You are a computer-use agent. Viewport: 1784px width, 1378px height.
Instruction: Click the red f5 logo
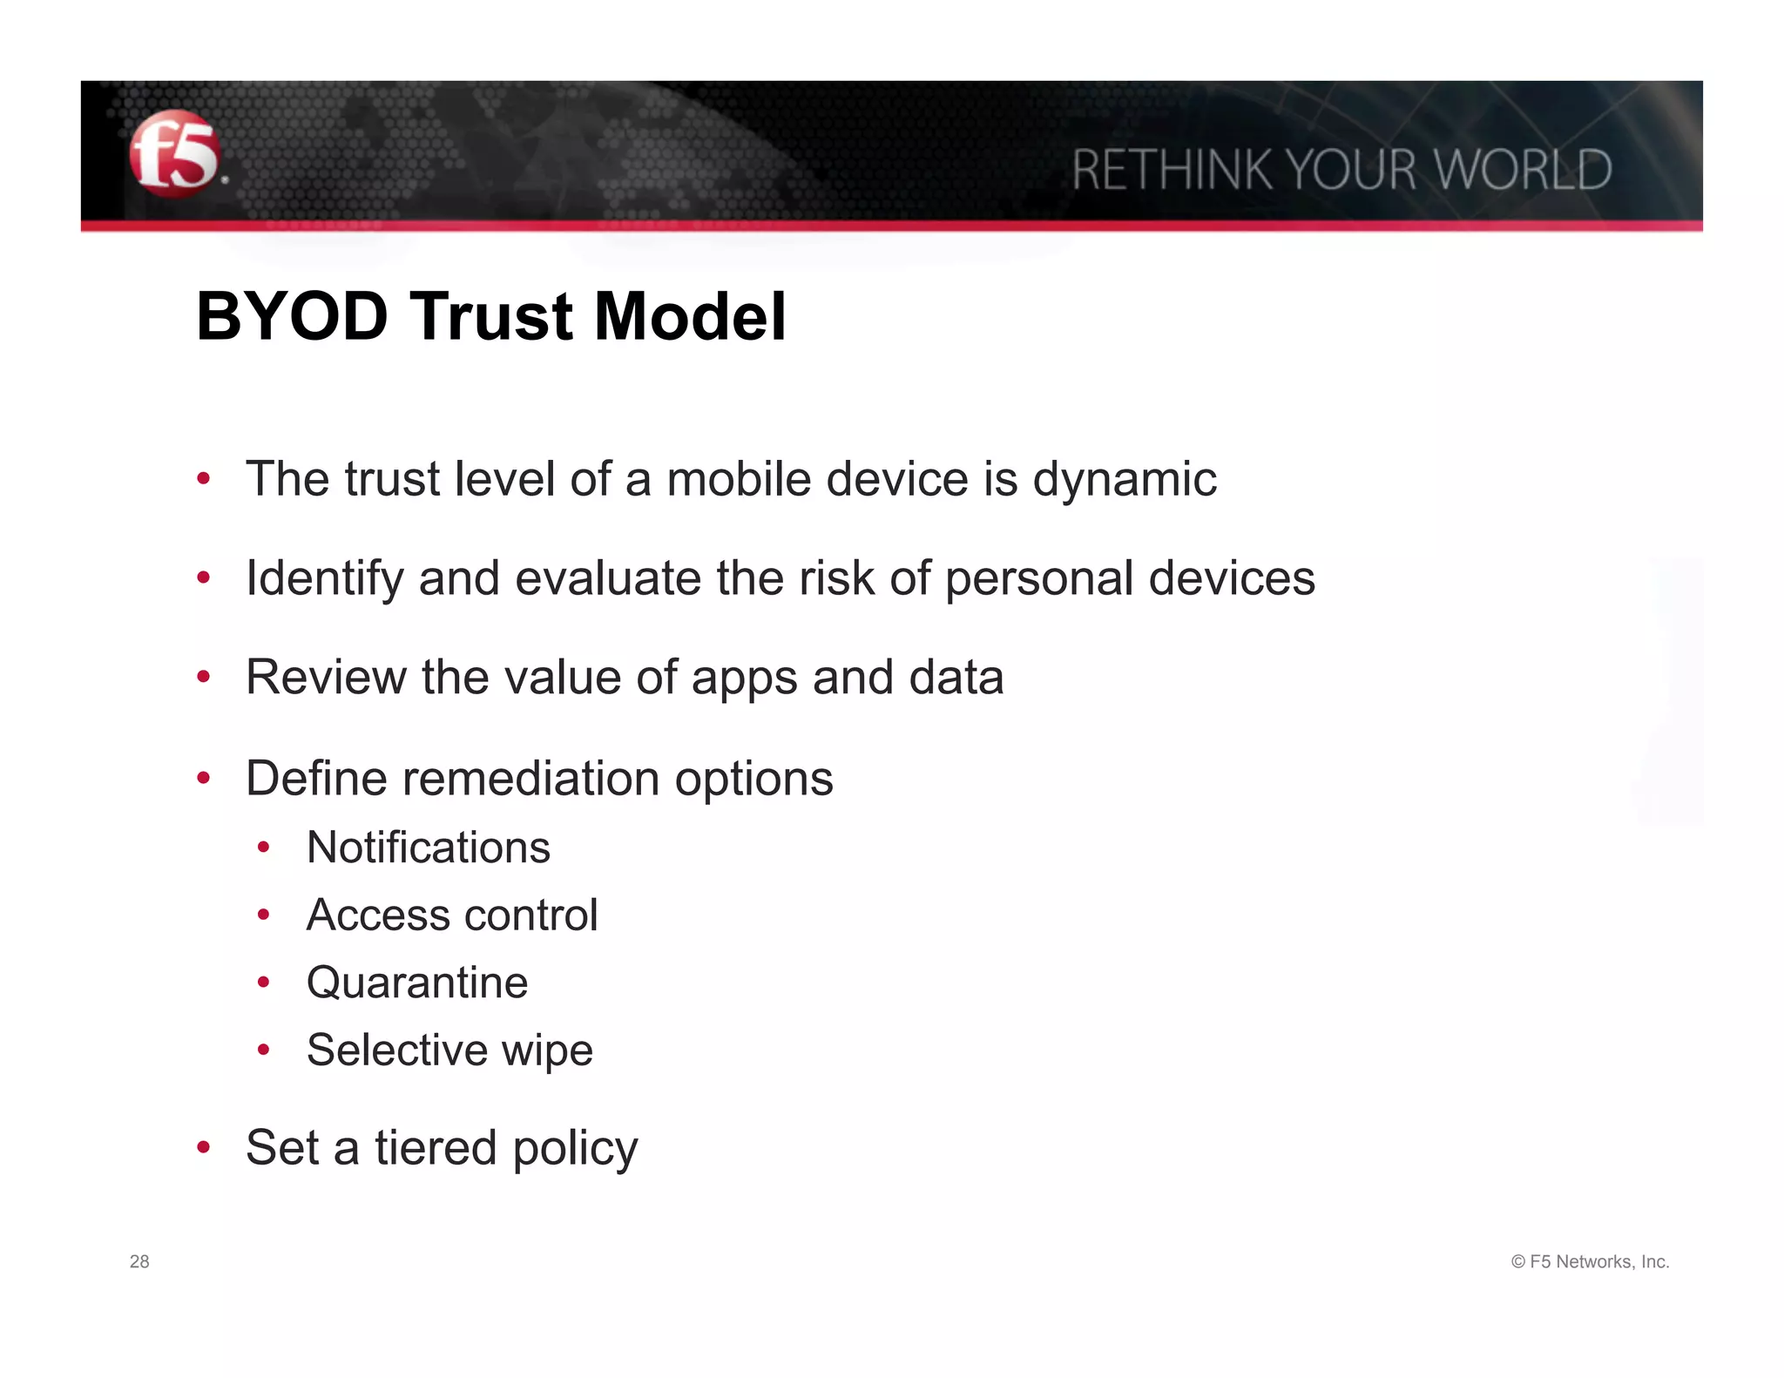(174, 154)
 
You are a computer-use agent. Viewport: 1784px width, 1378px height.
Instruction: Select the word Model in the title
(690, 316)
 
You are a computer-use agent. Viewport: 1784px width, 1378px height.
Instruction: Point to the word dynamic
(1124, 480)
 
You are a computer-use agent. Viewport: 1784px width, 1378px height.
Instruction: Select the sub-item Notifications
(428, 848)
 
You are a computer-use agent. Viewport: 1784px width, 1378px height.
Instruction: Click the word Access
(377, 915)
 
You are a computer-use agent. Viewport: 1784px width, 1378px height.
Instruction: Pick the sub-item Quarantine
(416, 983)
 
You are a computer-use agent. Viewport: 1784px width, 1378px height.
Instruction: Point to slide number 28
(139, 1261)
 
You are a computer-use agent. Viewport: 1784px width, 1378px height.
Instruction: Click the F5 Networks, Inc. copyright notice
(1590, 1261)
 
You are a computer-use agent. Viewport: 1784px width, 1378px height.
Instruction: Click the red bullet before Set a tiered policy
(204, 1147)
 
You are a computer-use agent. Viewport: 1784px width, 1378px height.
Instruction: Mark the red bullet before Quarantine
(264, 983)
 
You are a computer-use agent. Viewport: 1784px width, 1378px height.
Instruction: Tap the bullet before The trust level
(204, 478)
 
